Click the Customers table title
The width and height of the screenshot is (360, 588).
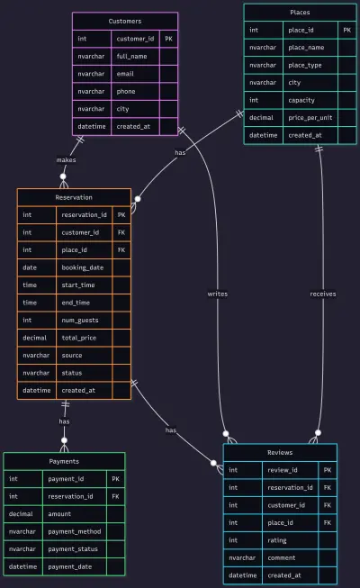(x=125, y=21)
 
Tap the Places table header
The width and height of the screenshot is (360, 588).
(x=300, y=13)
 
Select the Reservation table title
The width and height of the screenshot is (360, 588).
(x=74, y=197)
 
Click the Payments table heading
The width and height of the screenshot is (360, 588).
(x=64, y=461)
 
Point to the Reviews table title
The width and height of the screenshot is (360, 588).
(x=280, y=453)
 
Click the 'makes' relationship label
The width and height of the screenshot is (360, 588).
(x=66, y=160)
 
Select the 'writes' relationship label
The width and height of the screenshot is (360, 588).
(x=218, y=294)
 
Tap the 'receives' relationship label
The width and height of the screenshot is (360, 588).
(x=323, y=294)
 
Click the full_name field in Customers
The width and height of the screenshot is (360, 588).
(x=131, y=56)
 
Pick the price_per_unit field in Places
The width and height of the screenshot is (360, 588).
(x=310, y=118)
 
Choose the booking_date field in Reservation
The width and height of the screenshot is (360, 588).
(x=83, y=267)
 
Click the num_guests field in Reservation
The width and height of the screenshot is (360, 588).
(x=80, y=321)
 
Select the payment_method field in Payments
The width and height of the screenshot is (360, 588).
(x=74, y=532)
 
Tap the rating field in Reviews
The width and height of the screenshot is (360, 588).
(x=277, y=540)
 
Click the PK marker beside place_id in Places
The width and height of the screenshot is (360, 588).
(x=347, y=30)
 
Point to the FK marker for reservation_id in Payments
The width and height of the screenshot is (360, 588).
(x=115, y=496)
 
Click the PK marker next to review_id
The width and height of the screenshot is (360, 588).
(x=328, y=470)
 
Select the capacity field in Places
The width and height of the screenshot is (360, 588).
(x=301, y=100)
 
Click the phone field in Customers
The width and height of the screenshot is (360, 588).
(x=126, y=92)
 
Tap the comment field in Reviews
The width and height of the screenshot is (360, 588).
(x=281, y=558)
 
